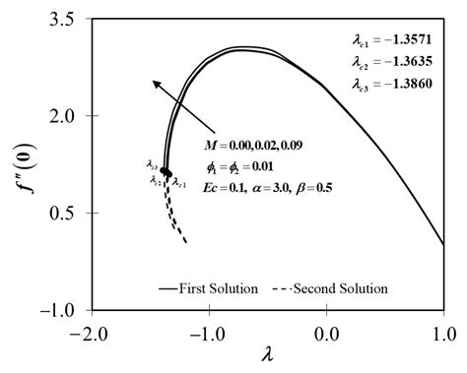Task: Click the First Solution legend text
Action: [219, 288]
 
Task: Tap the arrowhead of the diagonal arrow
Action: [154, 85]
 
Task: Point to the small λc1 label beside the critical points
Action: [180, 182]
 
